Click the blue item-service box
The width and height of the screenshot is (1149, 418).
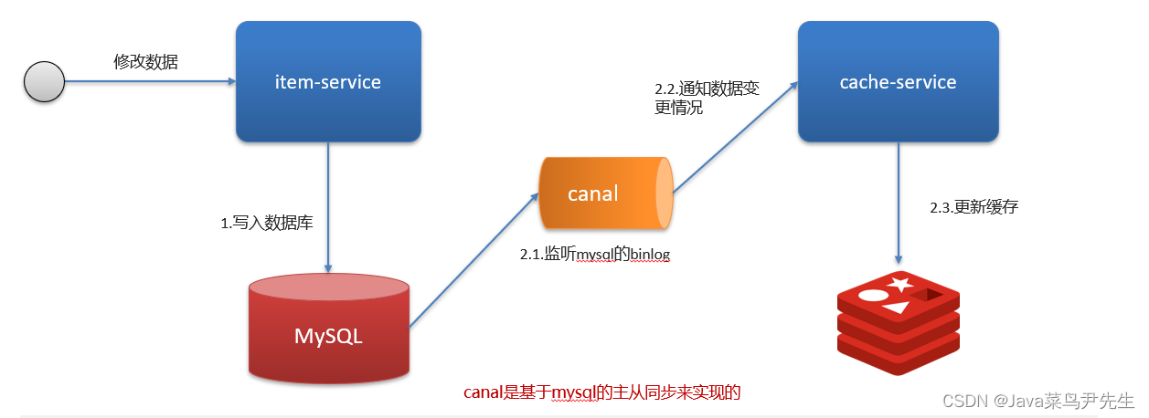(x=328, y=82)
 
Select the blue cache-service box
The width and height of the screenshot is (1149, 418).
(x=897, y=82)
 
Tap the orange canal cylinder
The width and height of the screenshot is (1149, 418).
(x=605, y=193)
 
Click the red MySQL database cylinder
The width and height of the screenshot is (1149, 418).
(x=329, y=333)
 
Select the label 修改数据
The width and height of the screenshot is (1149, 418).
(x=146, y=62)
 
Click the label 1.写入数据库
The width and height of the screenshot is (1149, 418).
(x=267, y=222)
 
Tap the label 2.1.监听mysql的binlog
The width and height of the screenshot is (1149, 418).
(x=595, y=255)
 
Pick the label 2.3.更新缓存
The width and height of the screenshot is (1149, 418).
(x=973, y=206)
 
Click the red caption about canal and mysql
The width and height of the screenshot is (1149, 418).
(x=601, y=393)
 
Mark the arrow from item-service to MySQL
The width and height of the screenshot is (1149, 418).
(x=328, y=210)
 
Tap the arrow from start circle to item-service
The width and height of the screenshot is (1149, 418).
(x=146, y=82)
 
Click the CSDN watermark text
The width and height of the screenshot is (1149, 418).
(x=1037, y=401)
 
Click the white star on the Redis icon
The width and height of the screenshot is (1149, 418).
(x=900, y=284)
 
